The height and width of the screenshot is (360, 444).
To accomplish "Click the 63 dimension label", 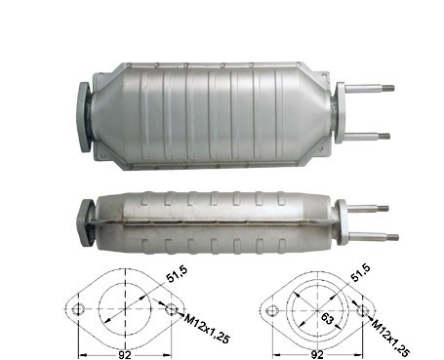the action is tap(328, 319).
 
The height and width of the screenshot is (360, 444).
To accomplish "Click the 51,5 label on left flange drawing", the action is tap(177, 274).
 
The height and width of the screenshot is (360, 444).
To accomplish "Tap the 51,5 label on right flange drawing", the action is tap(360, 272).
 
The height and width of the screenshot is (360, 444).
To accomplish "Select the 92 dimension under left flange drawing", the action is tap(124, 354).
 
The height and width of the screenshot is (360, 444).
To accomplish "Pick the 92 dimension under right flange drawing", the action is tap(317, 354).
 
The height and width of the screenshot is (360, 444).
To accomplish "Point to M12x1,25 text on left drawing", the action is tap(207, 329).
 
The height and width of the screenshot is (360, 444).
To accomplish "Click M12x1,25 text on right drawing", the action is tap(390, 339).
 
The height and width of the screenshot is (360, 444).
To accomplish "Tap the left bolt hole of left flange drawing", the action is tap(78, 309).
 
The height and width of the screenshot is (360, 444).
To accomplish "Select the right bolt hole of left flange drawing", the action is tap(171, 309).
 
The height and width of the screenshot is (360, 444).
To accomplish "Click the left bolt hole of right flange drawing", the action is tap(272, 311).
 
